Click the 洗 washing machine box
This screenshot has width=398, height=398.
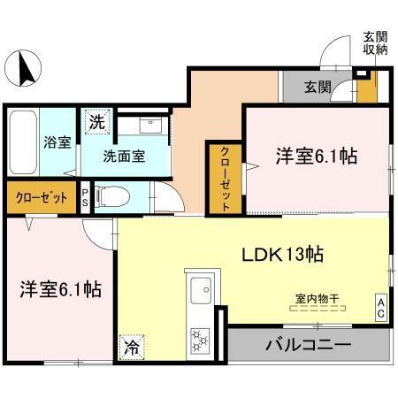pyautogui.click(x=95, y=122)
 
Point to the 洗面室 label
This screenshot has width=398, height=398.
pyautogui.click(x=124, y=157)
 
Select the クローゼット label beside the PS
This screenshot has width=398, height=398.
pyautogui.click(x=41, y=196)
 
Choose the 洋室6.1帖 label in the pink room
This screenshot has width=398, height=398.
pyautogui.click(x=316, y=157)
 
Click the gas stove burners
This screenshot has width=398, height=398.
pyautogui.click(x=199, y=338)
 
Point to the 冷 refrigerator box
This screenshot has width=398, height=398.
pyautogui.click(x=131, y=348)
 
